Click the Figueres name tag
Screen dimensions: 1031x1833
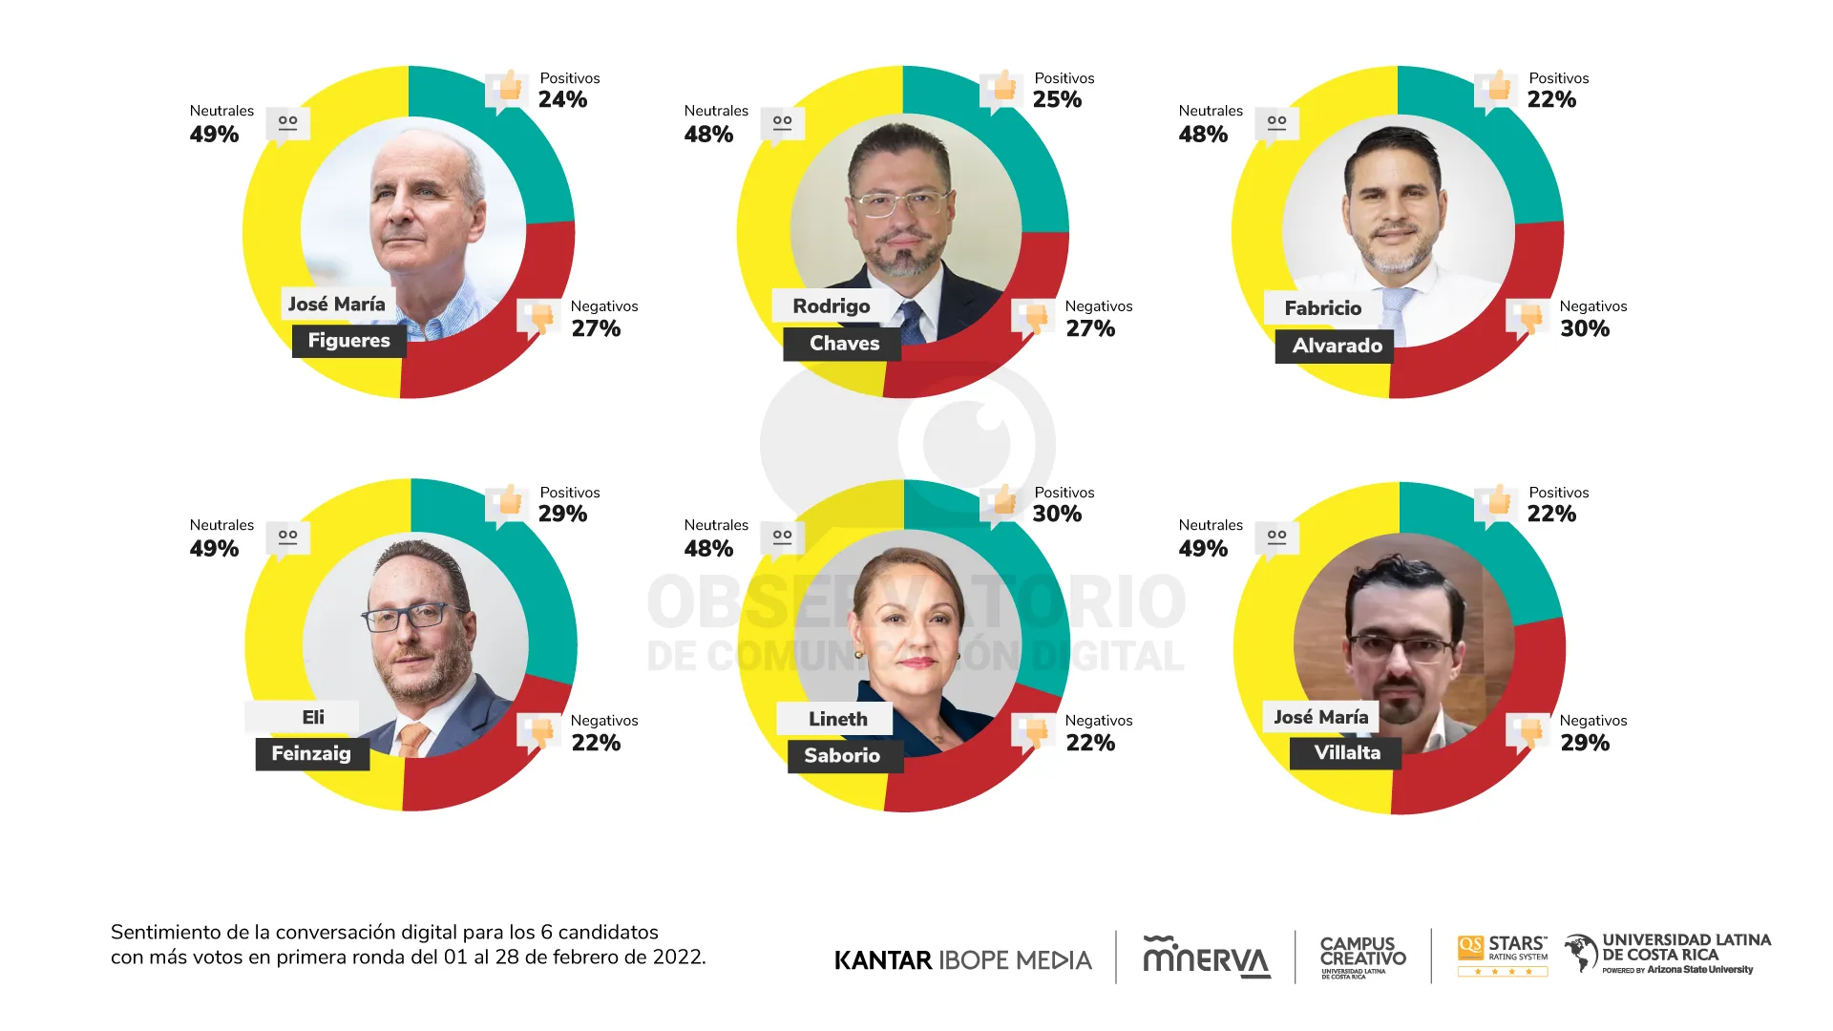point(348,341)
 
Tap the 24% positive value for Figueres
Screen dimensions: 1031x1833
point(562,99)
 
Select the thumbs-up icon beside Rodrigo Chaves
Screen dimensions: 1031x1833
point(1002,88)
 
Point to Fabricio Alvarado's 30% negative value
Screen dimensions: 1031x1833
point(1585,328)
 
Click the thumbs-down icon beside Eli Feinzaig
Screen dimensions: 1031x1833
point(540,733)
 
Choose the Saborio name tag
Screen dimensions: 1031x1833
point(842,755)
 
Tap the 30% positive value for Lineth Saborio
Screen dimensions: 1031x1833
point(1057,514)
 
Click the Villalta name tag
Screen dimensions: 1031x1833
point(1346,752)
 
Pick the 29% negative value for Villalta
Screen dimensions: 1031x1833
point(1585,743)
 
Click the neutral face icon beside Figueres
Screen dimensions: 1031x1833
point(287,124)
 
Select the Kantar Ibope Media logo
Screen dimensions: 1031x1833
point(962,959)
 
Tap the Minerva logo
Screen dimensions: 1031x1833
point(1207,957)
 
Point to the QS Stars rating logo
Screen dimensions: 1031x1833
point(1502,955)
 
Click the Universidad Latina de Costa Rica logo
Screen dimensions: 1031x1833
point(1668,954)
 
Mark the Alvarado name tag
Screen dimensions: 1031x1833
point(1336,346)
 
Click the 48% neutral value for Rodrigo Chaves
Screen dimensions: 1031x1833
point(708,135)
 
